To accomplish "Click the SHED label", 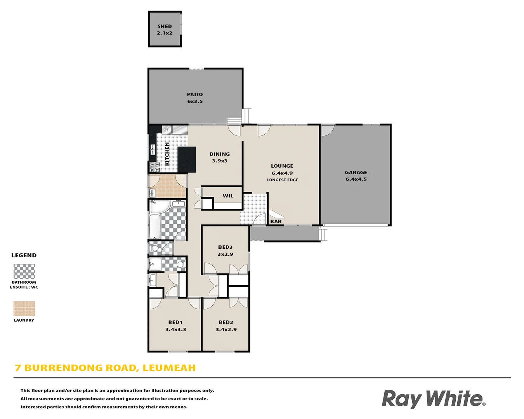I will click(x=165, y=26).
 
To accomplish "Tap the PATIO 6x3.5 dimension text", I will click(x=195, y=102).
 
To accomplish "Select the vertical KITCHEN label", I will click(x=167, y=154).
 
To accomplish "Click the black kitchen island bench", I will click(x=186, y=159).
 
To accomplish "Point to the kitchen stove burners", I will click(x=154, y=167).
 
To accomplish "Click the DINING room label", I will click(x=220, y=154).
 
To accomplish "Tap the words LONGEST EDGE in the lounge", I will click(x=283, y=180).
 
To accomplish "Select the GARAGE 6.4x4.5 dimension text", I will click(x=356, y=179).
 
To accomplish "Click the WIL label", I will click(x=228, y=196).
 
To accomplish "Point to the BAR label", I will click(x=276, y=222).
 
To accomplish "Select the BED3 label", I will click(x=225, y=247).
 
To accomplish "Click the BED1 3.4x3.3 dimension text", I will click(x=176, y=329).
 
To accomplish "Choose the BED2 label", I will click(x=226, y=322).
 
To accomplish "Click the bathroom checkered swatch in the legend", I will click(x=24, y=272).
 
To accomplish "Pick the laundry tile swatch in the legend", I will click(x=24, y=309).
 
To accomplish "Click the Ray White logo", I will click(x=433, y=399).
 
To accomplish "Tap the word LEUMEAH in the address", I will click(x=169, y=368).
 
